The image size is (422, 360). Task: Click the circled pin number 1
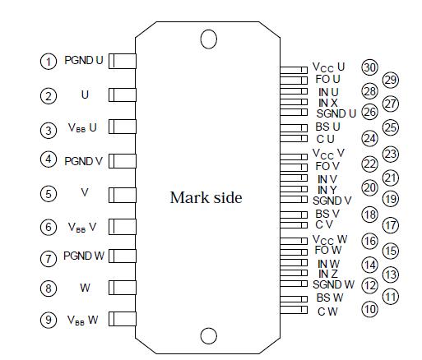49,61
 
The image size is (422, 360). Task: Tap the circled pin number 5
49,193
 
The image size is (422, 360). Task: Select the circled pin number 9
49,320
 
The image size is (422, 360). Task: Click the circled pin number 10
369,310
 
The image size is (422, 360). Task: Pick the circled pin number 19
390,198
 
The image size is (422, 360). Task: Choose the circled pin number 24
369,138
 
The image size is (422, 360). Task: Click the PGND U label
84,61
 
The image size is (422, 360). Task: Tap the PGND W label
84,256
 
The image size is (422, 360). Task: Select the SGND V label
332,201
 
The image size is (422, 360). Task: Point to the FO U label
328,79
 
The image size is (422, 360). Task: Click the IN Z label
328,273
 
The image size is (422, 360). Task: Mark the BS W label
329,297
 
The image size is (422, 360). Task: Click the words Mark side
206,198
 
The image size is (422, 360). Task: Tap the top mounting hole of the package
209,39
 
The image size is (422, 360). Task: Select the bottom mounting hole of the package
209,335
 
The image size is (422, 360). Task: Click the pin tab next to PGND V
123,161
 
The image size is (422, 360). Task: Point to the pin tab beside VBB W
123,320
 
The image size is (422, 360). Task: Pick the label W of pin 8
84,288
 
